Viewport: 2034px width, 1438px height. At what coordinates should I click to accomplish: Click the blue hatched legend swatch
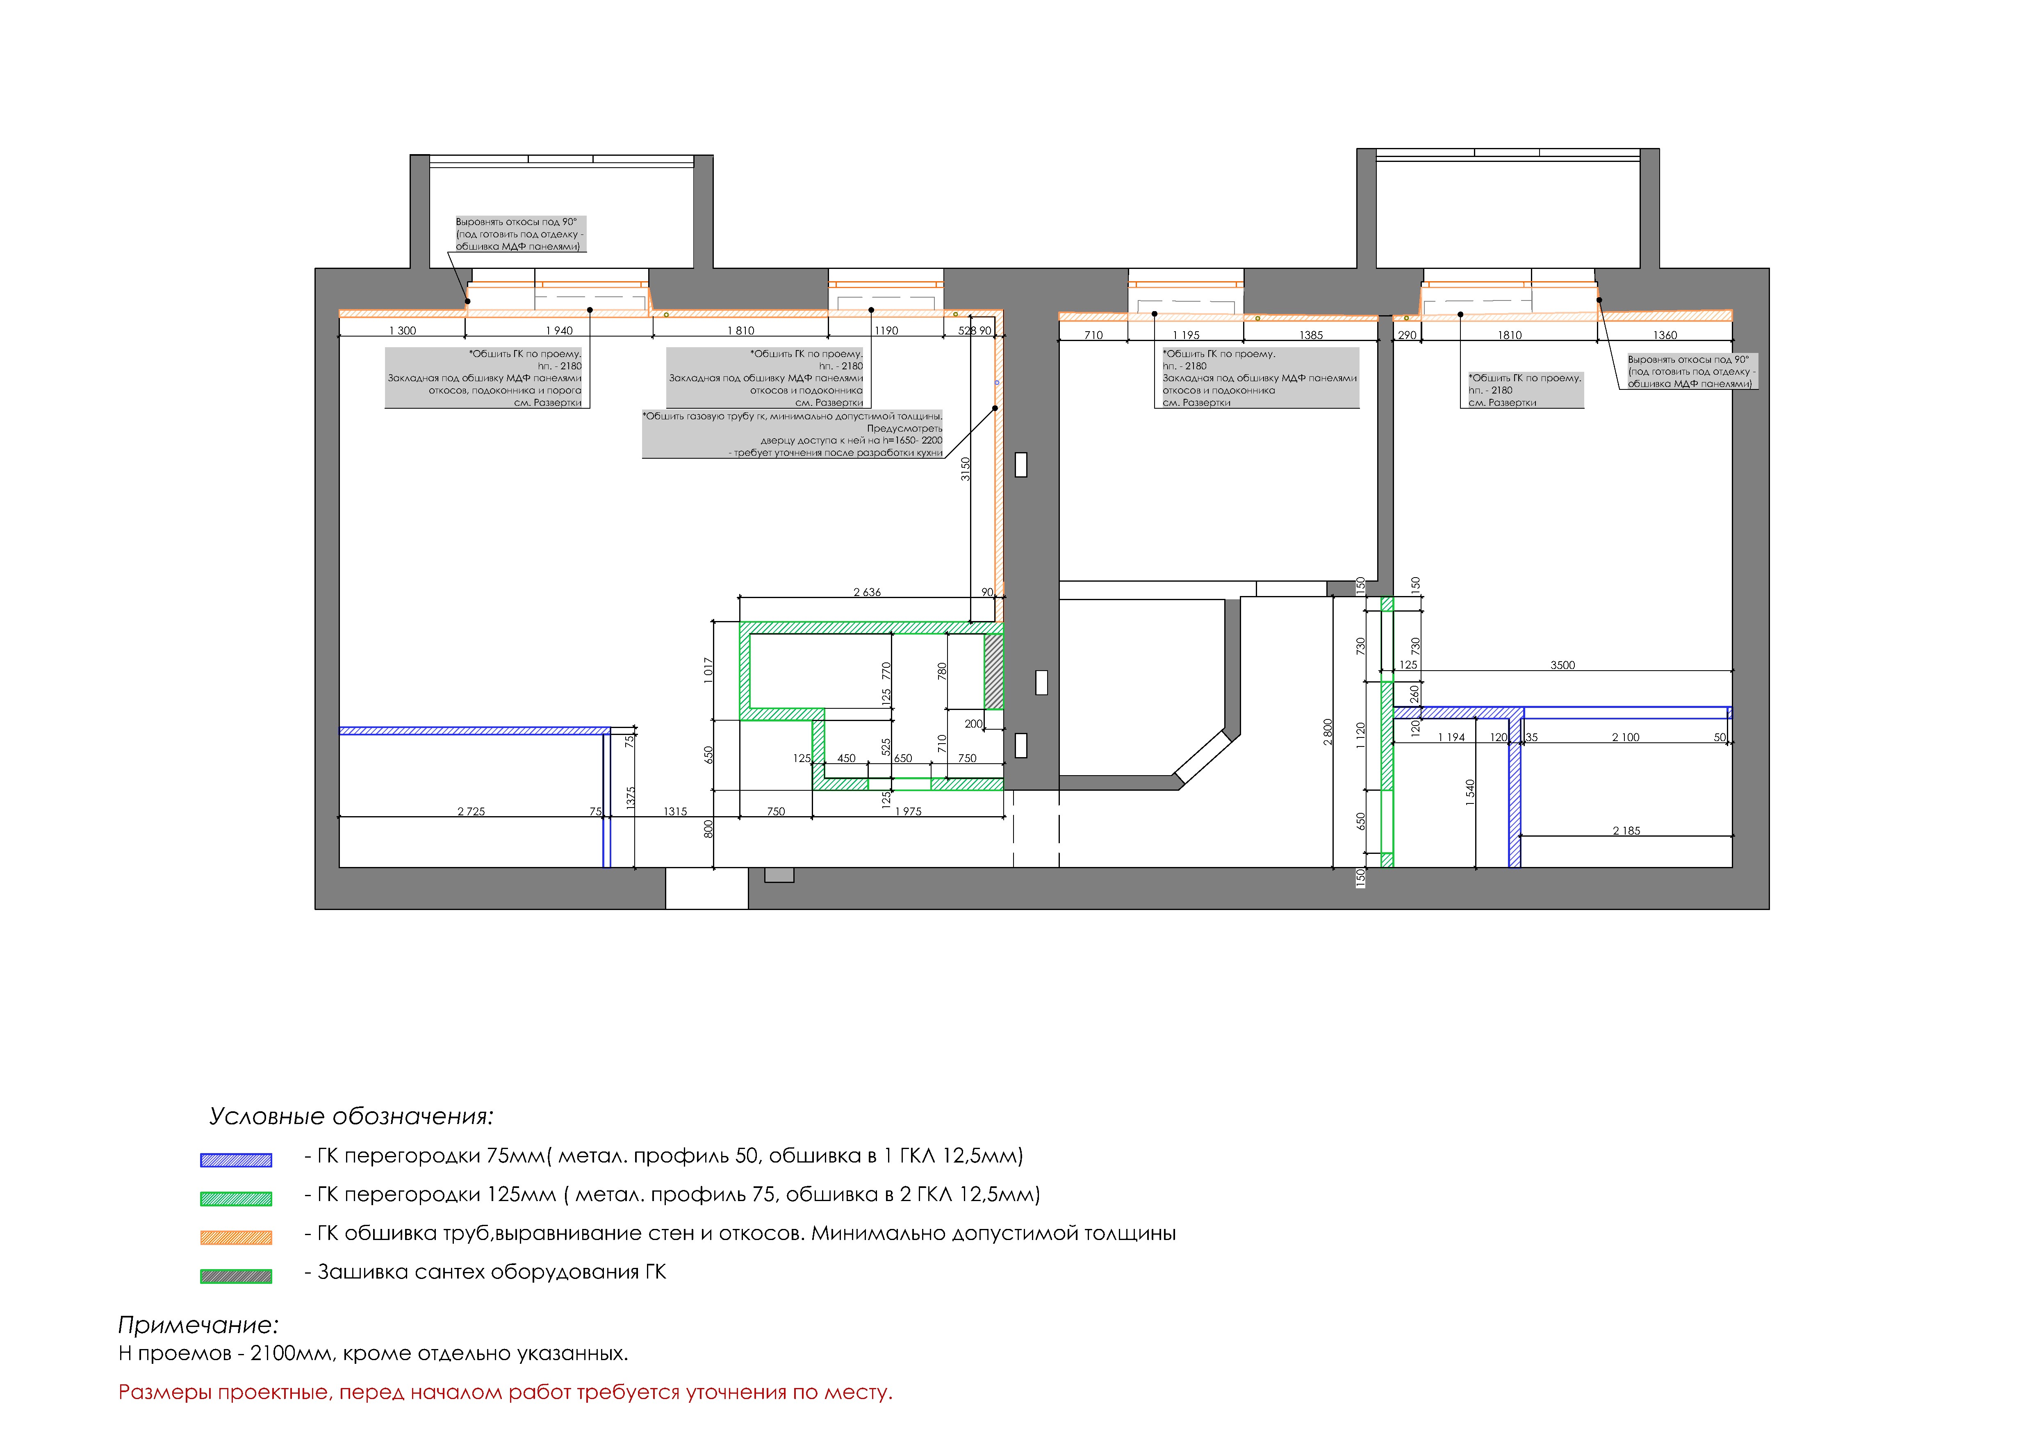(236, 1160)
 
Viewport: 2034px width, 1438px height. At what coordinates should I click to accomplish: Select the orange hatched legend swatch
(236, 1238)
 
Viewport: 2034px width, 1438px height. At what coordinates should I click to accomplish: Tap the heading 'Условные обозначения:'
(351, 1117)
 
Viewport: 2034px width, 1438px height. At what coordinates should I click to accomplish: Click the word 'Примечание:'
(198, 1326)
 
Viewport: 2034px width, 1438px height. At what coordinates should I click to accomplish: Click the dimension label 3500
(1563, 665)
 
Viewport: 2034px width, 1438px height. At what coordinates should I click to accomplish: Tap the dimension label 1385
(1311, 335)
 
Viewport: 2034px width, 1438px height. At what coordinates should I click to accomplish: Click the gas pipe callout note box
(793, 434)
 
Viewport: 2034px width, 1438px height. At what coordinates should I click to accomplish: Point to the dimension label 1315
(675, 811)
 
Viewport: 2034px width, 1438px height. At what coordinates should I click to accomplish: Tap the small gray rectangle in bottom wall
(779, 875)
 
